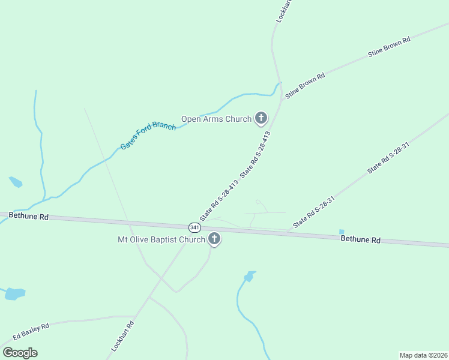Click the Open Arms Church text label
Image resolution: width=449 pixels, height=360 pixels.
point(216,119)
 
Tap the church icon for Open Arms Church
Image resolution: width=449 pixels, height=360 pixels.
point(261,118)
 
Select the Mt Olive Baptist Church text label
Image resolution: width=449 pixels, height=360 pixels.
point(161,240)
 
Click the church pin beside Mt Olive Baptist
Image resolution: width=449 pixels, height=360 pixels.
point(214,239)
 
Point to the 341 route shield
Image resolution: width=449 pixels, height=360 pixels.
point(194,228)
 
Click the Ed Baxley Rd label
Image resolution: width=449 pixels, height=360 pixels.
point(31,329)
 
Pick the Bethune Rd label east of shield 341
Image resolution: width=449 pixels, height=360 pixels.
point(360,239)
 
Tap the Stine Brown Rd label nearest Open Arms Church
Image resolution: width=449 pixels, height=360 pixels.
point(305,85)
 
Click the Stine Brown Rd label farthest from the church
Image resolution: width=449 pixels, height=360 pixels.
point(389,47)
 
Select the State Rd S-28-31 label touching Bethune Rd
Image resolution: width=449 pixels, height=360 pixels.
point(313,212)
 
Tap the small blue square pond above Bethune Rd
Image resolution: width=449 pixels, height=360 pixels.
point(342,232)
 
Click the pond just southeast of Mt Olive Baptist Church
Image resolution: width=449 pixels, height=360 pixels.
point(249,276)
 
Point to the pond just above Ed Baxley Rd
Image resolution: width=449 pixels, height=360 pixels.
point(14,294)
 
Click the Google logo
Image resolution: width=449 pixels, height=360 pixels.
point(20,352)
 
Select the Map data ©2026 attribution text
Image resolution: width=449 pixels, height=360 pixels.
point(423,355)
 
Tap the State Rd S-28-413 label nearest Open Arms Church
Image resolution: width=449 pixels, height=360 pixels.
point(259,154)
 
